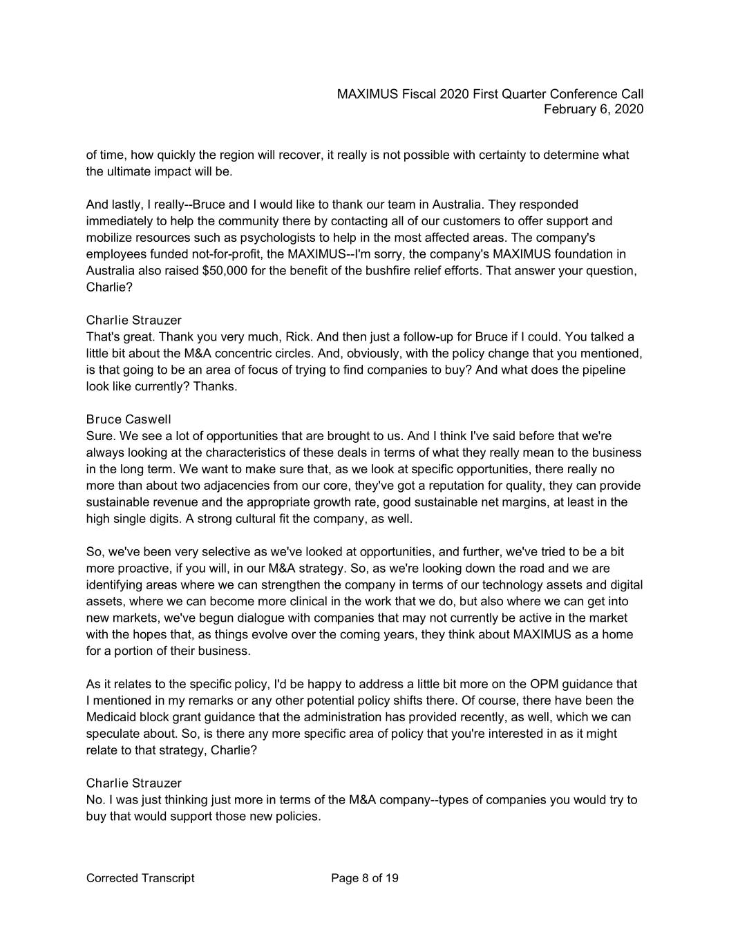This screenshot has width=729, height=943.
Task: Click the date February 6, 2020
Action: (594, 109)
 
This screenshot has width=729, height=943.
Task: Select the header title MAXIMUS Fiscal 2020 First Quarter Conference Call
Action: (490, 94)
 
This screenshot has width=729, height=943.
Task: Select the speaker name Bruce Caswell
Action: (129, 419)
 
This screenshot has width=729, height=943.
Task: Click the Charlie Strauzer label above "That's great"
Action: (134, 320)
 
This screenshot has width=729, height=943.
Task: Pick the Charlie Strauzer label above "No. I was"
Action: (134, 783)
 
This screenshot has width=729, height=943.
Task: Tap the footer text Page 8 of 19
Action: (365, 878)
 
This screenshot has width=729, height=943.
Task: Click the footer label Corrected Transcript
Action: (140, 878)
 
